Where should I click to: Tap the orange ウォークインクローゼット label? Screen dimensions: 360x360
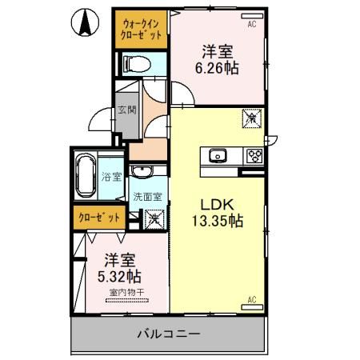coord(141,30)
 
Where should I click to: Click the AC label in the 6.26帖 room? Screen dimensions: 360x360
coord(252,25)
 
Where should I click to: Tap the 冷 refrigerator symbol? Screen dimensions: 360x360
coord(250,118)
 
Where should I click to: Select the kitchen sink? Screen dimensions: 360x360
coord(218,155)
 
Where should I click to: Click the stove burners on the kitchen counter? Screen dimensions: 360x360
coord(255,155)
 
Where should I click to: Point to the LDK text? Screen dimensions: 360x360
coord(217,202)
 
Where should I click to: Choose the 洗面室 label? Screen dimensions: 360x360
coord(147,196)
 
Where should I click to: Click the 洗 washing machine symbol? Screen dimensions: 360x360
coord(153,216)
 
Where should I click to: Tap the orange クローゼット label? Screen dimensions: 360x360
coord(100,217)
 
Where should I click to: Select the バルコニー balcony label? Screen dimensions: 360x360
coord(167,334)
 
